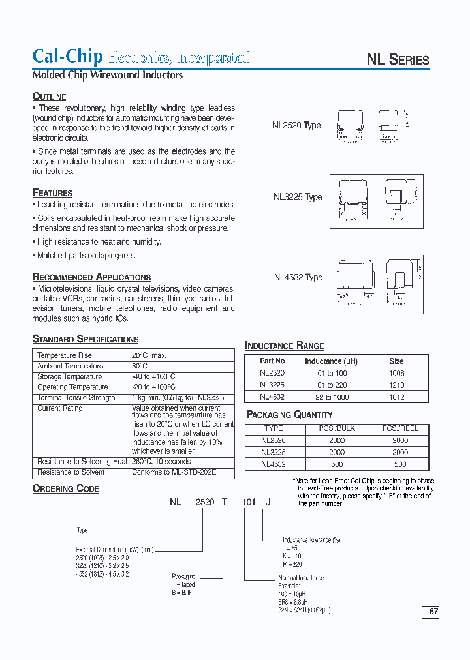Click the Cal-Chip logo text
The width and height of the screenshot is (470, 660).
pos(67,56)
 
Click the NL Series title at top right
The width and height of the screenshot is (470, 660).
pos(398,59)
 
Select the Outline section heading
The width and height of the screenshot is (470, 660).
pos(49,97)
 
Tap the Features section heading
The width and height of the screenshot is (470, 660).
pos(52,193)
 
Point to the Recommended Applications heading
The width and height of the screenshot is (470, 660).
pos(91,277)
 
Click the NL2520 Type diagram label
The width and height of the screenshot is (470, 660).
pos(296,125)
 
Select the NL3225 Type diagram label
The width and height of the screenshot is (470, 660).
pos(298,197)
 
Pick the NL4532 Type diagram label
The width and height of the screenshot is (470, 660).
pos(298,277)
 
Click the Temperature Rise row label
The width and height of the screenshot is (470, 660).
pos(65,355)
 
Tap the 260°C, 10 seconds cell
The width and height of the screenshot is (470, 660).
pos(161,462)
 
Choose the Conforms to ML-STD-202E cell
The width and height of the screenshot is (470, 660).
pos(174,472)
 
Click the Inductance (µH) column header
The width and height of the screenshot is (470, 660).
pos(332,361)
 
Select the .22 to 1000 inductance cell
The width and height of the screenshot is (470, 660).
pos(332,396)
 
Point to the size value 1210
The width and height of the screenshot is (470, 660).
pos(396,385)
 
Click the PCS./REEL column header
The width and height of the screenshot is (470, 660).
pos(400,428)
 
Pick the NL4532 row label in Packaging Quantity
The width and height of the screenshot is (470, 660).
pos(273,464)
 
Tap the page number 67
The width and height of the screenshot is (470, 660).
pos(433,612)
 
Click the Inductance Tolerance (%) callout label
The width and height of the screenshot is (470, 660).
pos(311,540)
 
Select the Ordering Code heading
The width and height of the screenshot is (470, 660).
pos(65,488)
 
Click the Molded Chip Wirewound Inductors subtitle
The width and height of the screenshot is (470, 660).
pos(108,75)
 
